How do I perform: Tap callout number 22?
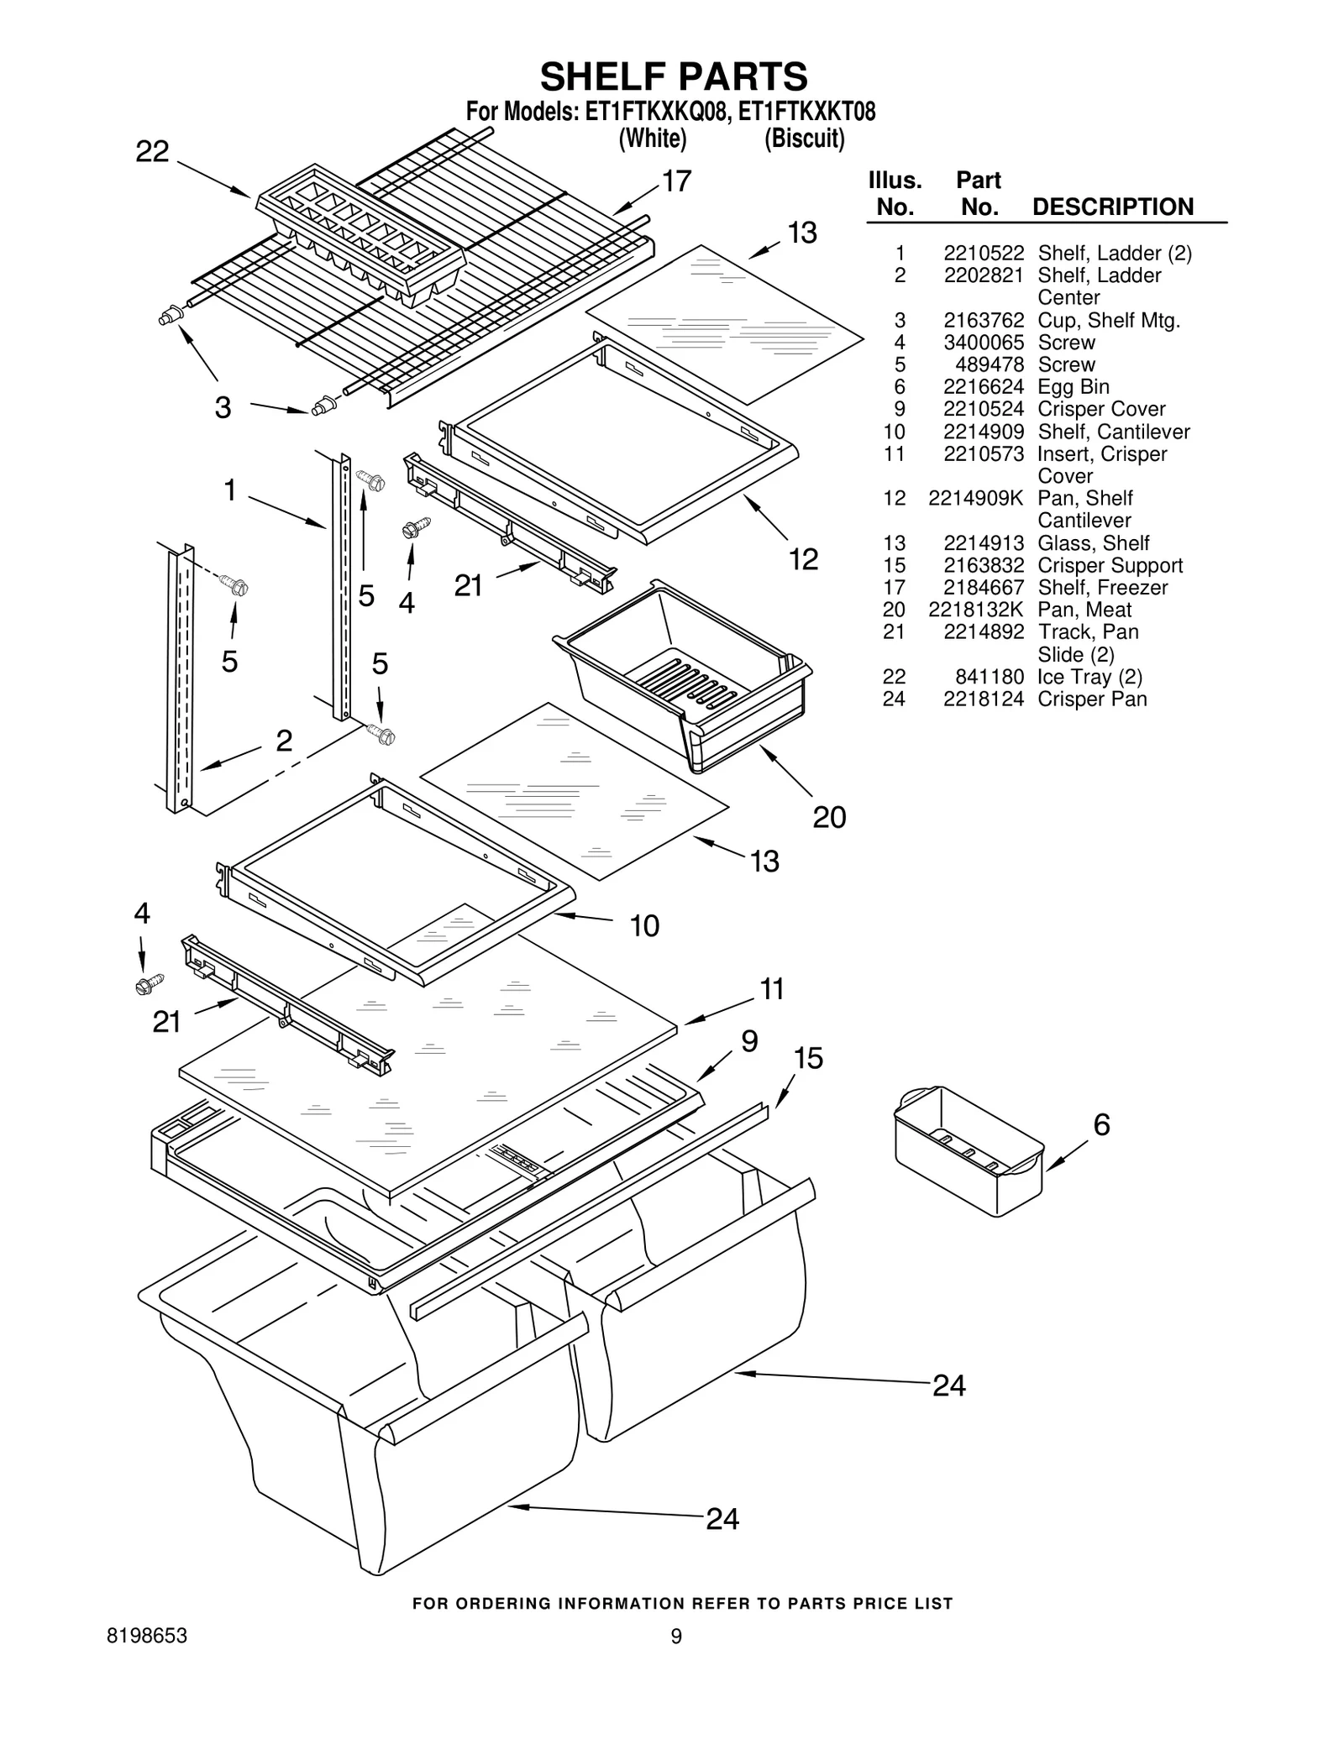point(152,152)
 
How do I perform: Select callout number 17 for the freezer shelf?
point(676,181)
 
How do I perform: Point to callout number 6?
point(1101,1124)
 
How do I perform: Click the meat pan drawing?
point(682,673)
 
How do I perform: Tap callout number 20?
point(829,817)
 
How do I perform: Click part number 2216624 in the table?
point(983,387)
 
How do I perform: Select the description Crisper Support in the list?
point(1110,565)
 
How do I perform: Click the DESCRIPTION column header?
point(1112,207)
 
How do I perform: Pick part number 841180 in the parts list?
point(990,677)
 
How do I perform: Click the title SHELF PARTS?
point(674,77)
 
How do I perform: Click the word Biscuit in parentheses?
point(804,139)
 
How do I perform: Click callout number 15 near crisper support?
point(808,1058)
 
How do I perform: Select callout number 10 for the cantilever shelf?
point(644,925)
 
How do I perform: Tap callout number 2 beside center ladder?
point(284,741)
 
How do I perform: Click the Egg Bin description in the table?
point(1073,387)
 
